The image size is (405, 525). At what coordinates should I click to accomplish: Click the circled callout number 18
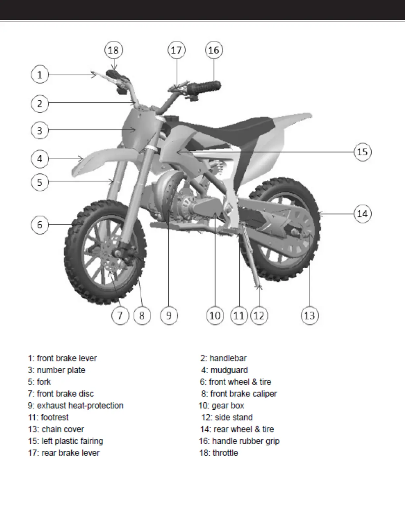pyautogui.click(x=113, y=50)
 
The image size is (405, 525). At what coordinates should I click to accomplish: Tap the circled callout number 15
pyautogui.click(x=363, y=152)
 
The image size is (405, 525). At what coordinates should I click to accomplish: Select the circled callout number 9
pyautogui.click(x=169, y=315)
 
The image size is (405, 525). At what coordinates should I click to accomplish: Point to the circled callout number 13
pyautogui.click(x=310, y=315)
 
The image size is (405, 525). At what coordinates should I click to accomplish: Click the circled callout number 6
pyautogui.click(x=40, y=225)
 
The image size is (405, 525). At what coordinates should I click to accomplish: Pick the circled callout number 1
pyautogui.click(x=40, y=75)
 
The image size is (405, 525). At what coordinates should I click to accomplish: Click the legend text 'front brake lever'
pyautogui.click(x=67, y=358)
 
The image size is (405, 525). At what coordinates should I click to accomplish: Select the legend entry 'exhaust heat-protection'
pyautogui.click(x=80, y=406)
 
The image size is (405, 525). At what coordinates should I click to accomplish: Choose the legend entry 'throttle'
pyautogui.click(x=225, y=453)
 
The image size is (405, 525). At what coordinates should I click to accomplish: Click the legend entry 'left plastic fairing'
pyautogui.click(x=72, y=441)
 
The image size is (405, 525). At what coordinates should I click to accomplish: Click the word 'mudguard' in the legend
pyautogui.click(x=229, y=370)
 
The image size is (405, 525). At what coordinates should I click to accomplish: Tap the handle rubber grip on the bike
pyautogui.click(x=204, y=87)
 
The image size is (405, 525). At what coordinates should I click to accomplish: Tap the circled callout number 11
pyautogui.click(x=239, y=315)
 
